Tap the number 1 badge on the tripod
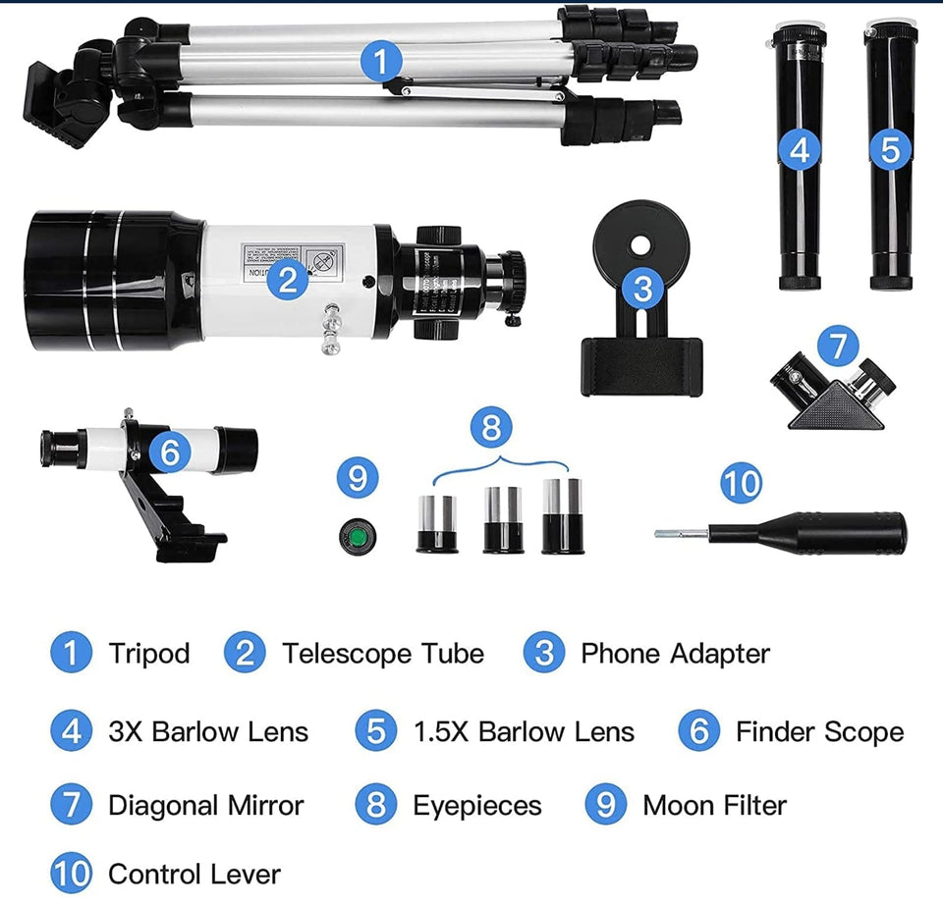pyautogui.click(x=382, y=62)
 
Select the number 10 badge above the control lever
pyautogui.click(x=741, y=483)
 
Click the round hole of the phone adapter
pyautogui.click(x=640, y=241)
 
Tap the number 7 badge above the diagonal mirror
pyautogui.click(x=837, y=346)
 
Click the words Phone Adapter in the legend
pyautogui.click(x=675, y=654)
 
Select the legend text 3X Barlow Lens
pyautogui.click(x=208, y=731)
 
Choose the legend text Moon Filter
pyautogui.click(x=714, y=806)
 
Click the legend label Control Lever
pyautogui.click(x=194, y=875)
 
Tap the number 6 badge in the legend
pyautogui.click(x=699, y=731)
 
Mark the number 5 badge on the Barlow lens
pyautogui.click(x=890, y=149)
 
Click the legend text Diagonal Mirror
pyautogui.click(x=205, y=806)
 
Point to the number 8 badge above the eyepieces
pyautogui.click(x=492, y=428)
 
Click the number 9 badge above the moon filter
pyautogui.click(x=358, y=478)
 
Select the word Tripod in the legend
pyautogui.click(x=149, y=654)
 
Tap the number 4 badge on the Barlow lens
pyautogui.click(x=801, y=149)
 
